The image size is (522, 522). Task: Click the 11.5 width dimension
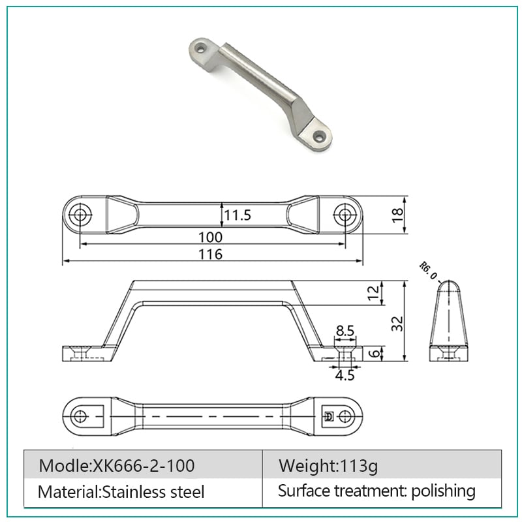[x=237, y=215]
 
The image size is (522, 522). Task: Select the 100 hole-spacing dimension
[x=210, y=238]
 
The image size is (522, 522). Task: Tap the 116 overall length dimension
[x=210, y=254]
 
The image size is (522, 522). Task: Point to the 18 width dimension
[x=397, y=215]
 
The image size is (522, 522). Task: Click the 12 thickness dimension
[x=373, y=292]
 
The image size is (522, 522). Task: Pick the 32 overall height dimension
[x=397, y=324]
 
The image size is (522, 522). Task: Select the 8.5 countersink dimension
[x=345, y=331]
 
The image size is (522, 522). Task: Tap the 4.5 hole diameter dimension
[x=345, y=375]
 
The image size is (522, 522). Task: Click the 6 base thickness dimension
[x=375, y=353]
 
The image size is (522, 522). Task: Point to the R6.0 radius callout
[x=428, y=271]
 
